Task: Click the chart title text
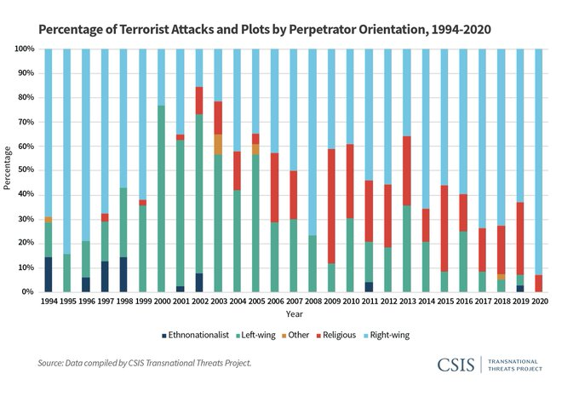pos(265,28)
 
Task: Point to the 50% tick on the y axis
pos(24,170)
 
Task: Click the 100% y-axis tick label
pos(22,49)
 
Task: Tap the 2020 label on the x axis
pos(540,301)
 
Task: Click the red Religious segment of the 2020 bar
pos(540,283)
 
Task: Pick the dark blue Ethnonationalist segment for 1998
pos(123,274)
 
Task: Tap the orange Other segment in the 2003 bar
pos(217,144)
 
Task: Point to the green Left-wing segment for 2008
pos(312,263)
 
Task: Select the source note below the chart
pos(145,364)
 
